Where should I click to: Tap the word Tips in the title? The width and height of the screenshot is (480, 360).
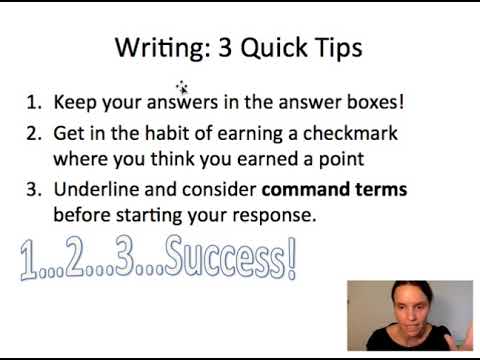tap(336, 47)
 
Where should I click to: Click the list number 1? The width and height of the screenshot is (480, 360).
tap(33, 102)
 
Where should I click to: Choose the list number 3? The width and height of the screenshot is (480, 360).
tap(33, 189)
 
